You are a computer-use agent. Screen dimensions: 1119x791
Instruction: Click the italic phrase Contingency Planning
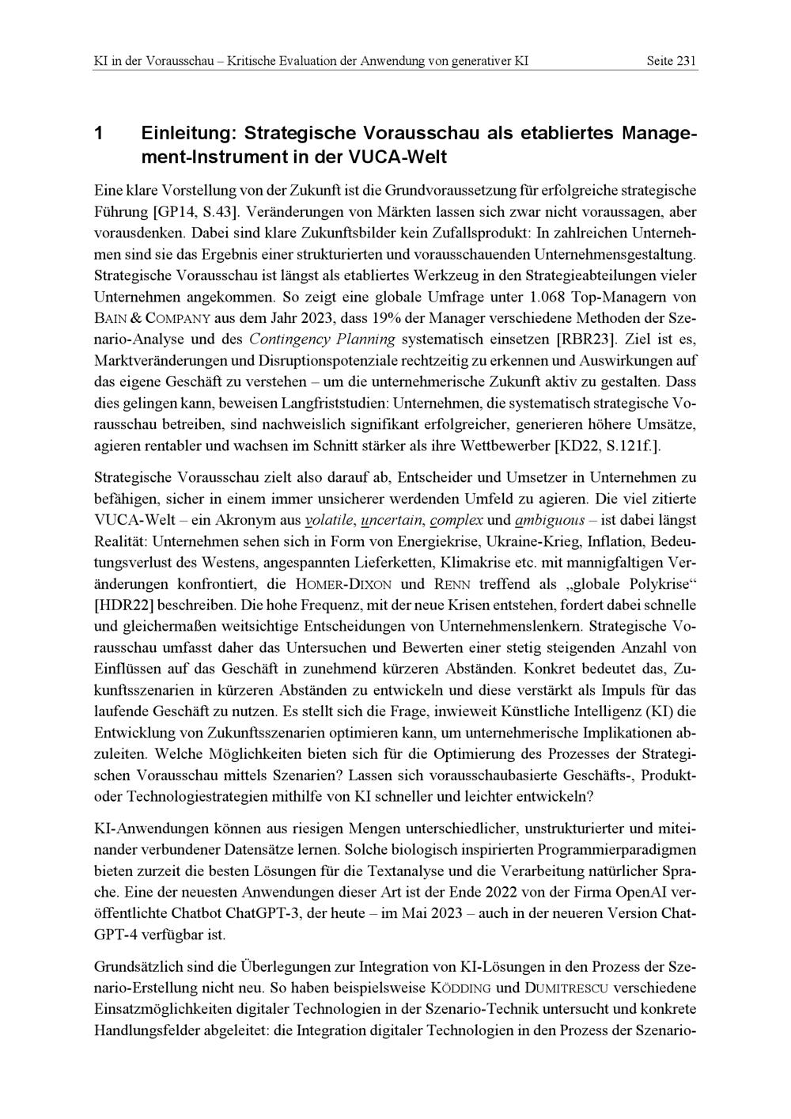click(322, 340)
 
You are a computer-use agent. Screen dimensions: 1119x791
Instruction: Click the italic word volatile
click(331, 521)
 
